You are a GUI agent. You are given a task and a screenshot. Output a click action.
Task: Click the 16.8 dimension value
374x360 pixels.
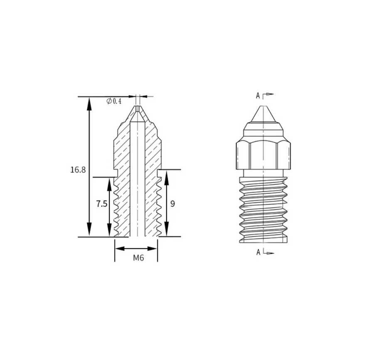78,170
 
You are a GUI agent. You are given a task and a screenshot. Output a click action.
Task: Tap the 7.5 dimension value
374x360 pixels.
102,204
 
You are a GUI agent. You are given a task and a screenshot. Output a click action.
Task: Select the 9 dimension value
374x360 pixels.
173,204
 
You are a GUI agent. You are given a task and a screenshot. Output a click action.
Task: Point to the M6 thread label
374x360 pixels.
138,258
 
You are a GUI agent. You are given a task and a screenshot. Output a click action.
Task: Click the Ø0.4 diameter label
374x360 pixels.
114,101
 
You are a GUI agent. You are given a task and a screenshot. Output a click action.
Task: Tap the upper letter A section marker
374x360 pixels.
258,96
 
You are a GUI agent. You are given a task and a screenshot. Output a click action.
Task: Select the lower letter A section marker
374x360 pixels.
258,252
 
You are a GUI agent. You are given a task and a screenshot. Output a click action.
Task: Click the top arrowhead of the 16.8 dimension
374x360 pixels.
89,104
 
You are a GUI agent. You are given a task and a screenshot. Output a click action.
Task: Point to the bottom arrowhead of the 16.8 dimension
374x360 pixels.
89,230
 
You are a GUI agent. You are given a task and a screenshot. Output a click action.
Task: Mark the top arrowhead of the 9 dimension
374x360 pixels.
167,177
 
